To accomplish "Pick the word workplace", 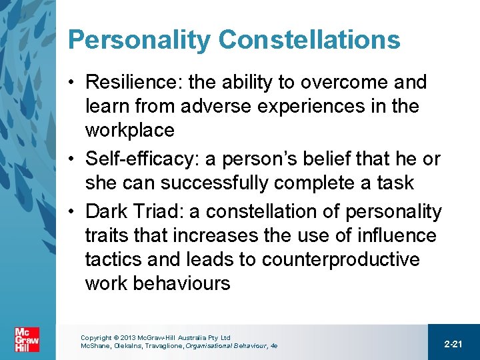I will point(129,130).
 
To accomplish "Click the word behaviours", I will point(181,283).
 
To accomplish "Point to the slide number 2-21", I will point(453,343).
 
